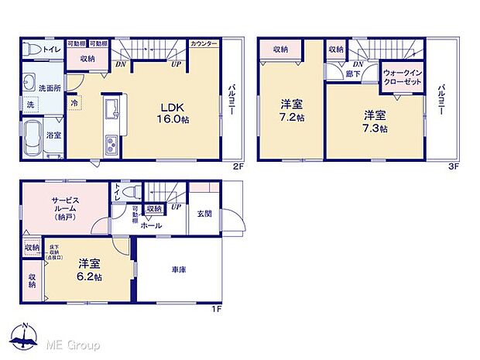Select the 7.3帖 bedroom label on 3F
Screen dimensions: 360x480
coord(376,122)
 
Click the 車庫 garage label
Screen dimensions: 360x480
coord(179,269)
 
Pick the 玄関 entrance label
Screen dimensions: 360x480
coord(204,214)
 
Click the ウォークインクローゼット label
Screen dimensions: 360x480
coord(402,77)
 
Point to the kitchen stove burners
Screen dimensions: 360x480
coord(111,145)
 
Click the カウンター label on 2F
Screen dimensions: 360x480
coord(203,43)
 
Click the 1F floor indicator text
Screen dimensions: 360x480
coord(218,310)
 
